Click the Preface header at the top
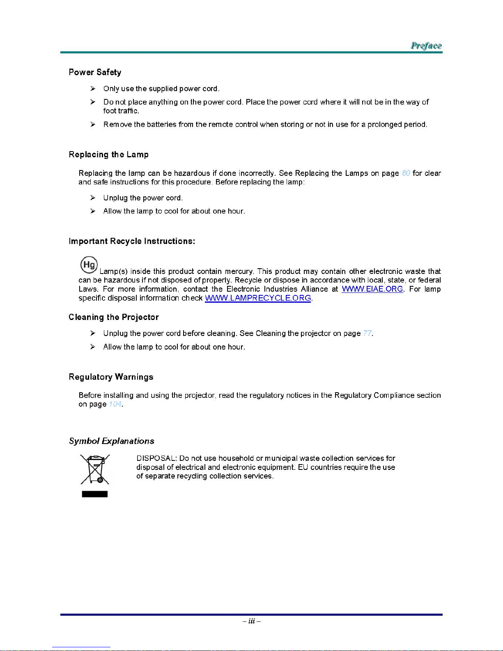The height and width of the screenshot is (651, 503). (426, 46)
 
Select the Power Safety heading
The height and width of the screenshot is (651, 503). (95, 72)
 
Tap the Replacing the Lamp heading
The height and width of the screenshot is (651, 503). (108, 154)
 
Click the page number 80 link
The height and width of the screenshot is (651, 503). (406, 173)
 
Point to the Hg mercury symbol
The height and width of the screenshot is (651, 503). (89, 265)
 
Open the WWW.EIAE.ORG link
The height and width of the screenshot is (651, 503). (372, 289)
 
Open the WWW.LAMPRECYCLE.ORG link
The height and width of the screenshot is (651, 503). (258, 298)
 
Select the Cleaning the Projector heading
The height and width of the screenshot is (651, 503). (113, 317)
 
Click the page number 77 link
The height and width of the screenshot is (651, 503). (367, 334)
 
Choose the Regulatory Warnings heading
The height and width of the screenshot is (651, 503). (111, 377)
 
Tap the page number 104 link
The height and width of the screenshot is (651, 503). (115, 405)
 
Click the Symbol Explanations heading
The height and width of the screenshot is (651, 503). (111, 441)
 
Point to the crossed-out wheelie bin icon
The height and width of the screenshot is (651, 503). (95, 469)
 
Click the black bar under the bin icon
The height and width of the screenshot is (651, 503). (95, 494)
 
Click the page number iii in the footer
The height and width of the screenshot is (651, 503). (251, 621)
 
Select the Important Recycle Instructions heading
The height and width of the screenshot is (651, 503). (132, 241)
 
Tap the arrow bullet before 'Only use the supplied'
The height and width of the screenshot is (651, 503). (93, 89)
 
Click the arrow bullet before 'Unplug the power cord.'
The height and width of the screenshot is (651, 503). (93, 198)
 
